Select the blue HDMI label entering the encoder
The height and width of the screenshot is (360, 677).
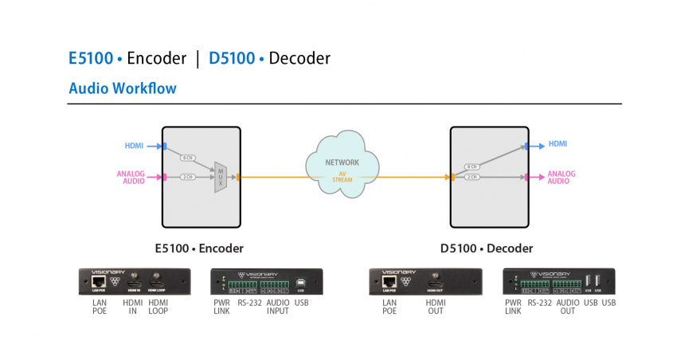click(x=134, y=146)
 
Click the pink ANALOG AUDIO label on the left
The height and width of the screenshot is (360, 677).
click(x=131, y=177)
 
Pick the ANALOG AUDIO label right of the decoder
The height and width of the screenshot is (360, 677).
click(x=561, y=178)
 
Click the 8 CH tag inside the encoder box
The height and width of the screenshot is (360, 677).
click(x=189, y=158)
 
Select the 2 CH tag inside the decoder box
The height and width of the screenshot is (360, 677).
click(x=472, y=177)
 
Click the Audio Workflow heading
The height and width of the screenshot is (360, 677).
click(x=123, y=88)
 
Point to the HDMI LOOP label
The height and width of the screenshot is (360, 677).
click(x=158, y=307)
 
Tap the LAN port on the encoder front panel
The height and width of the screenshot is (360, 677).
click(x=100, y=281)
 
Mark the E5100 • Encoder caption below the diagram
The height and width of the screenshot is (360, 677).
click(x=199, y=248)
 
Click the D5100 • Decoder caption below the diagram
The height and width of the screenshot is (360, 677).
click(x=487, y=248)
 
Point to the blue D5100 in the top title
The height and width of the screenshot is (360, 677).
click(x=232, y=58)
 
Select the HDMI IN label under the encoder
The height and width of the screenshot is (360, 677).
click(x=132, y=307)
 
